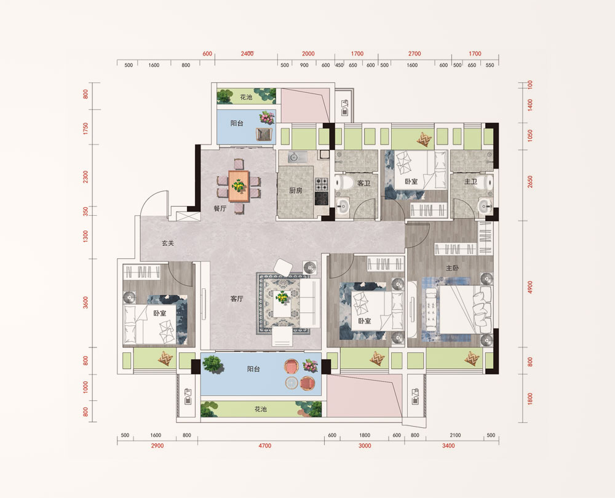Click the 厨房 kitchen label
click(295, 191)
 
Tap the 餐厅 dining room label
click(220, 208)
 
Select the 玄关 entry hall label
click(167, 243)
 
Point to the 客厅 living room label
click(237, 299)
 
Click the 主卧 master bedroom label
click(452, 268)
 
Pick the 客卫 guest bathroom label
click(364, 183)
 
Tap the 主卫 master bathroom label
click(470, 181)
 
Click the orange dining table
click(239, 186)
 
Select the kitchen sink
click(295, 157)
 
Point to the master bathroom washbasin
click(485, 205)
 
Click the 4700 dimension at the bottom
click(264, 446)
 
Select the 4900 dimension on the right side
click(530, 287)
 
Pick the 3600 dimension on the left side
click(85, 302)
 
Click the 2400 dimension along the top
click(247, 53)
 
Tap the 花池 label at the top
click(246, 97)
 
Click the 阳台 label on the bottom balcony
click(253, 369)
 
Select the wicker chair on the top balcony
click(264, 133)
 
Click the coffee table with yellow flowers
click(282, 304)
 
